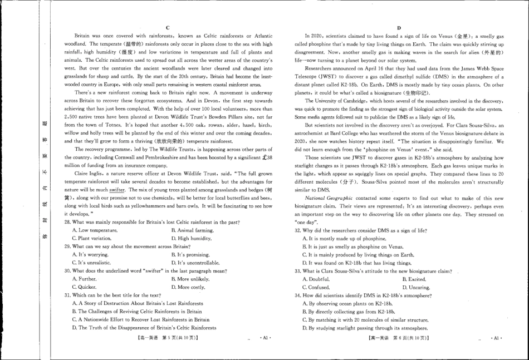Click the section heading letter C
168,27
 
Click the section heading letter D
399,27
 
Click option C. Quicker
84,287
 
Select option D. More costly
188,287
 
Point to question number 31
68,295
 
